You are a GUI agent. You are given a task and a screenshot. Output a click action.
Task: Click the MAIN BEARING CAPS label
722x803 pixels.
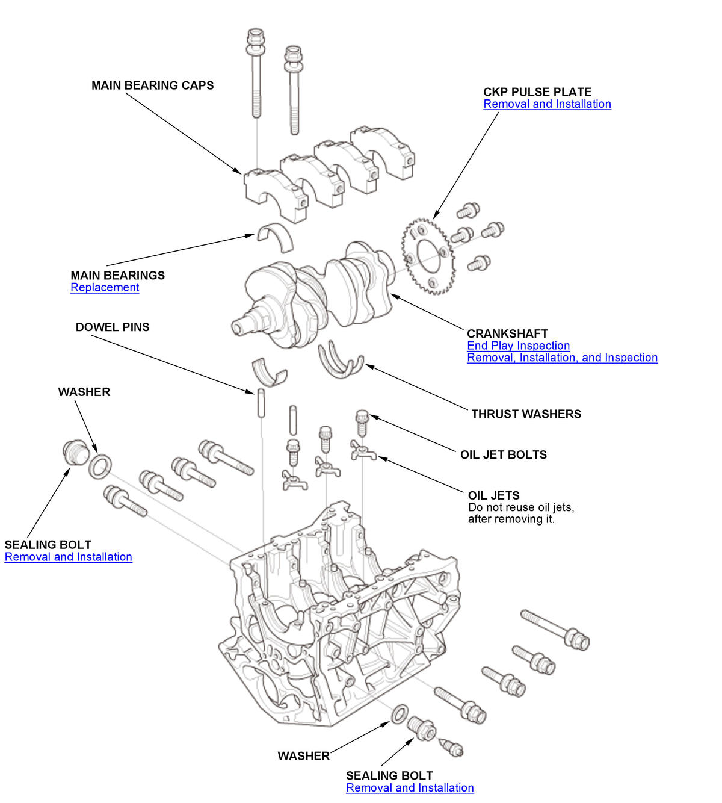coord(152,85)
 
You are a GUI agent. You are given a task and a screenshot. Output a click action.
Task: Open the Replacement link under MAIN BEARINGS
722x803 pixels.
coord(105,288)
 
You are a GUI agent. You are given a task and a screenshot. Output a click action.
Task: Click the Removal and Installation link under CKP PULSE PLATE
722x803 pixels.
coord(547,104)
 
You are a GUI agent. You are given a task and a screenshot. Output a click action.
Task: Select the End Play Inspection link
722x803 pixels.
coord(518,346)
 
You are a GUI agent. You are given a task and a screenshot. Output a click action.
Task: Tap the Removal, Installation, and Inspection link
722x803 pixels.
coord(562,358)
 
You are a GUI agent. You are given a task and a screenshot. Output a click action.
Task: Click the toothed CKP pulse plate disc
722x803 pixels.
coord(428,256)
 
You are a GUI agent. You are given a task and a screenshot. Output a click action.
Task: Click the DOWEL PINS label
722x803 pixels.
coord(113,327)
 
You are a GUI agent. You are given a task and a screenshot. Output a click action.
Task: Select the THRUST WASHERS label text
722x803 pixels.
coord(526,414)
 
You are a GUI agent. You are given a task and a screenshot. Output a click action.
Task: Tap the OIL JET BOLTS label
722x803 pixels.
coord(504,455)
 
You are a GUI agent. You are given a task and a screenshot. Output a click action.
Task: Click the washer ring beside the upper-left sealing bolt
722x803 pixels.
coord(100,467)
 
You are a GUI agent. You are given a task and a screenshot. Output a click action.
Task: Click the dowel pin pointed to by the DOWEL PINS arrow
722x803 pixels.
coord(262,403)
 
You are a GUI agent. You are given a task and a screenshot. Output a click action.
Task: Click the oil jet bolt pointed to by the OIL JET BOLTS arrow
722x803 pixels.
coord(362,423)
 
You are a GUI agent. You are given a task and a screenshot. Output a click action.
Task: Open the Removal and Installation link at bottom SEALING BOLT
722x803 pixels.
coord(410,788)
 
